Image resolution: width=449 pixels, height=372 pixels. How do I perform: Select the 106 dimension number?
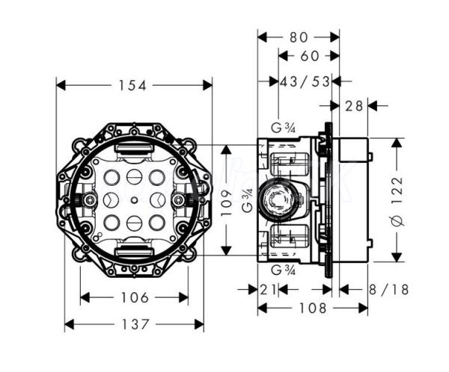[x=135, y=298]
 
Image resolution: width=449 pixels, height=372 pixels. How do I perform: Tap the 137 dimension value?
[x=135, y=324]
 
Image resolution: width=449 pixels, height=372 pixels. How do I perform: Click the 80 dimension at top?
[x=299, y=36]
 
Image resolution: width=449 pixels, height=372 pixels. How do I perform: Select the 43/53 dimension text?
[x=305, y=81]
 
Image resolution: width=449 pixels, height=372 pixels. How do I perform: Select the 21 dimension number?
[x=269, y=289]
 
